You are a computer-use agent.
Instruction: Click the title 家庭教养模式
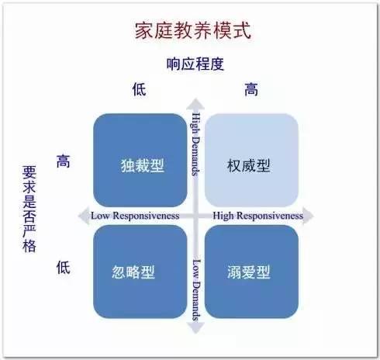pos(193,30)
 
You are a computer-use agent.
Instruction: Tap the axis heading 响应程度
pos(195,64)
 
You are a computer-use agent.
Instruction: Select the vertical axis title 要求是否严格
pos(29,209)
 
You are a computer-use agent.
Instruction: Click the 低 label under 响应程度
pos(140,89)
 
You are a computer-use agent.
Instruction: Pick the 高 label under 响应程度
pos(251,89)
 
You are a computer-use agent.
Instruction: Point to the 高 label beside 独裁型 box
pos(64,161)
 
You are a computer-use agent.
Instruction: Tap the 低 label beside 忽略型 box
pos(64,267)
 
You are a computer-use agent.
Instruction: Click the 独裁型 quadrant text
pos(143,165)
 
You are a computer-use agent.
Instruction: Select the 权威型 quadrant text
pos(249,165)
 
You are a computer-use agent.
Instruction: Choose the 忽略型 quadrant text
pos(133,272)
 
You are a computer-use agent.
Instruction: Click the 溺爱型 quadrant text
pos(249,272)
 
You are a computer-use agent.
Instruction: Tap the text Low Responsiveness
pos(135,216)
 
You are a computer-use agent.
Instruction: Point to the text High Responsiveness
pos(257,216)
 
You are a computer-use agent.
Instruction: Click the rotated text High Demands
pos(196,144)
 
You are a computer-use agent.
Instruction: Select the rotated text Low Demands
pos(196,290)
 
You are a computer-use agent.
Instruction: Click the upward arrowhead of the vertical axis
pos(195,104)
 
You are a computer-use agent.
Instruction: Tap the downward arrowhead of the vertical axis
pos(195,328)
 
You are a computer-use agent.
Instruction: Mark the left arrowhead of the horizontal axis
pos(84,216)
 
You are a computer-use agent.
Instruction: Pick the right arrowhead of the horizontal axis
pos(308,216)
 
